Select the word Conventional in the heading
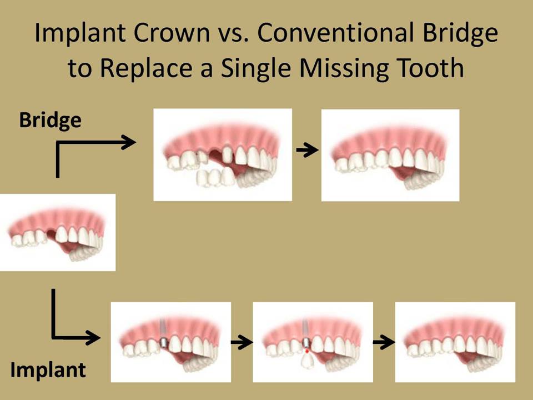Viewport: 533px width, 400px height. click(x=335, y=32)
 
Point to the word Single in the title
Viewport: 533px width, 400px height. click(x=255, y=68)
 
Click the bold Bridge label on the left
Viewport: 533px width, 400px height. click(x=51, y=121)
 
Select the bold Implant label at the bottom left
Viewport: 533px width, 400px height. click(x=48, y=370)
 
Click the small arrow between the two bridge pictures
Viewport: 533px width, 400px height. click(x=307, y=149)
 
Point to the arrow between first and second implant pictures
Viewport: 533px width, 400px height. click(x=242, y=342)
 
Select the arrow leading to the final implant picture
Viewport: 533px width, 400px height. click(x=384, y=342)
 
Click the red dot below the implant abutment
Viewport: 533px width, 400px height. click(x=307, y=351)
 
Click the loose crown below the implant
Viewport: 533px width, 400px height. click(x=308, y=361)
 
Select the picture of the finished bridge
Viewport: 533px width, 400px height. click(x=390, y=155)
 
